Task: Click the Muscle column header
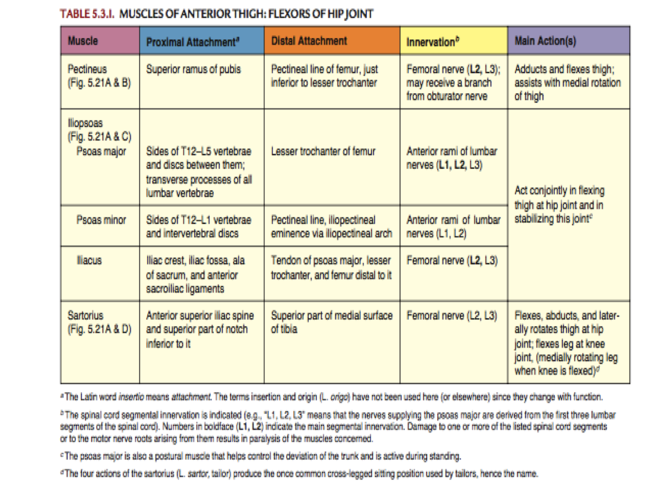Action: coord(83,41)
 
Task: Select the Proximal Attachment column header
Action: coord(192,42)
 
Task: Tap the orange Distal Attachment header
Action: coord(309,41)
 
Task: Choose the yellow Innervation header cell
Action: coord(433,42)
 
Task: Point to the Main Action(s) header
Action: coord(545,41)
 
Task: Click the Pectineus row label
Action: coord(87,69)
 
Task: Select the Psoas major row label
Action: coord(101,152)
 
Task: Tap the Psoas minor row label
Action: coord(101,220)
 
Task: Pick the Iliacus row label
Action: coord(89,260)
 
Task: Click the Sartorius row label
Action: coord(85,315)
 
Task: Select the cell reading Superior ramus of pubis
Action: coord(193,69)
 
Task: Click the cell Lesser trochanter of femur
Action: coord(323,152)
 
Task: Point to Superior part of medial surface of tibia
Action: coord(331,322)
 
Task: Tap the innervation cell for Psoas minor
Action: coord(453,227)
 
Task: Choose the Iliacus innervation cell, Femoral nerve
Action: coord(452,260)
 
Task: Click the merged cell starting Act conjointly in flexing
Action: coord(560,204)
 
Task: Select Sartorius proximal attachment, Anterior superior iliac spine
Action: coord(200,329)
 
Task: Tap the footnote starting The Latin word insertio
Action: coord(332,397)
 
